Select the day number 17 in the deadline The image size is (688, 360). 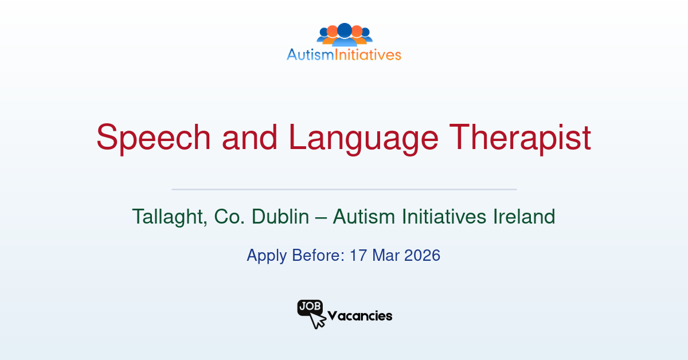coord(358,255)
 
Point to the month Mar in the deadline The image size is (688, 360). coord(385,255)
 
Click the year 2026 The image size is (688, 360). coord(422,255)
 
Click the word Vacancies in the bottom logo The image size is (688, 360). coord(360,316)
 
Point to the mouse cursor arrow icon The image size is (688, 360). coord(317,321)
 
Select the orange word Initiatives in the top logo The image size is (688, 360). coord(374,55)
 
